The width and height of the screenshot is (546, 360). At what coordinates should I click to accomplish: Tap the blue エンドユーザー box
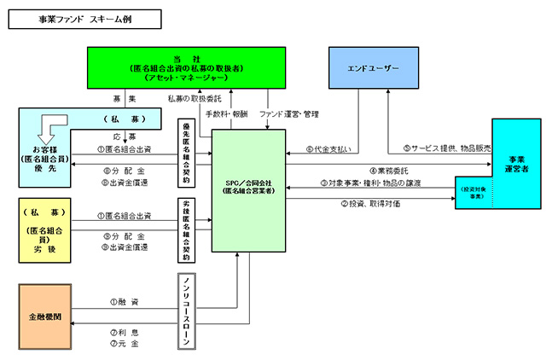(x=366, y=66)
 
